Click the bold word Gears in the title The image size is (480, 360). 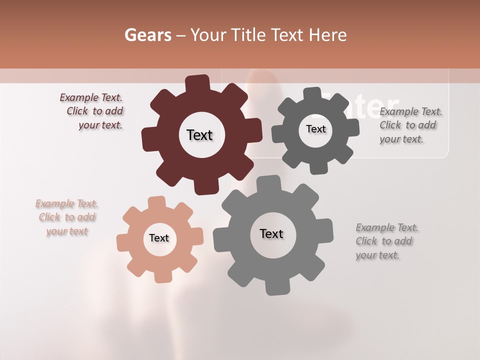(x=147, y=35)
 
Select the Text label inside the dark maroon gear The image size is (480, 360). (x=199, y=135)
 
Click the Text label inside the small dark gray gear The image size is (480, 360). (x=315, y=129)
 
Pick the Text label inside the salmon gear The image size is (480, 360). (x=159, y=238)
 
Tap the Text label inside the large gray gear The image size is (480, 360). (x=271, y=234)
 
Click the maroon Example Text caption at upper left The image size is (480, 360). (x=93, y=111)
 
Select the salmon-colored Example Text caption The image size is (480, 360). (x=67, y=217)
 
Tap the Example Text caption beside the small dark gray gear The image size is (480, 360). (x=410, y=125)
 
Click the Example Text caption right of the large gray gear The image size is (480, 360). (x=386, y=241)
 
